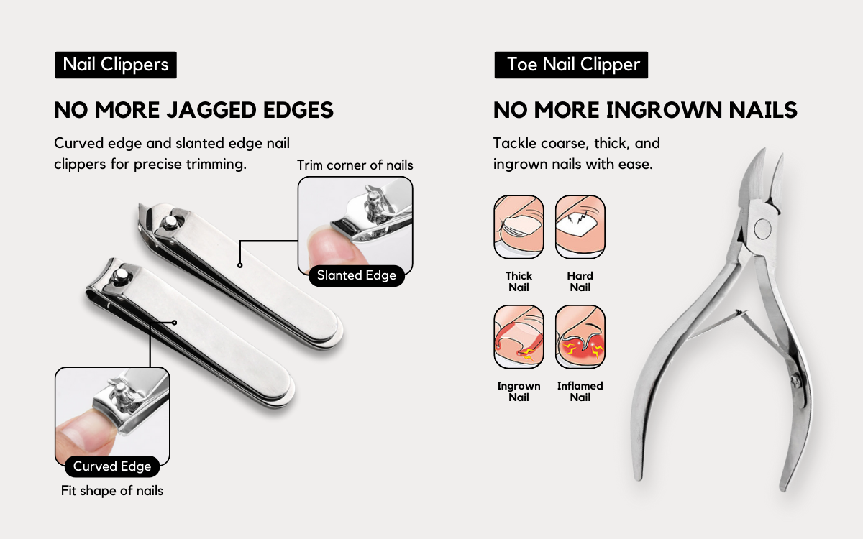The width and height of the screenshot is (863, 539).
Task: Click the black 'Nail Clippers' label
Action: pyautogui.click(x=116, y=65)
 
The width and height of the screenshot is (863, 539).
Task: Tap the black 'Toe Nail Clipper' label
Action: pyautogui.click(x=571, y=65)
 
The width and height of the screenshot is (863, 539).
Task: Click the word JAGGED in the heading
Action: pyautogui.click(x=211, y=110)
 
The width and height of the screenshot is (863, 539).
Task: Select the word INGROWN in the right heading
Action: pyautogui.click(x=665, y=110)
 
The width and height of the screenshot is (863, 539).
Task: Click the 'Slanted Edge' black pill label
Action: pyautogui.click(x=357, y=276)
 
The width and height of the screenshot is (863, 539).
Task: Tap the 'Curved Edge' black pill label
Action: pyautogui.click(x=112, y=466)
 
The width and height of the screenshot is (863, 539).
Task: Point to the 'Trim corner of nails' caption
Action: pyautogui.click(x=355, y=165)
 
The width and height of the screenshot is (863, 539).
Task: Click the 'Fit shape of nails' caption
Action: pyautogui.click(x=112, y=491)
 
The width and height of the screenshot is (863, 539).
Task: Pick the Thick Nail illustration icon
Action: pyautogui.click(x=519, y=227)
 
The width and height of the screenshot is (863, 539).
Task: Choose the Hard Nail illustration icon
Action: pyautogui.click(x=580, y=227)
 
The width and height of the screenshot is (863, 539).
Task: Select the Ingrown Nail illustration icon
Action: pyautogui.click(x=519, y=337)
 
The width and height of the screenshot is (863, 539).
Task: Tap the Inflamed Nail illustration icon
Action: pyautogui.click(x=580, y=337)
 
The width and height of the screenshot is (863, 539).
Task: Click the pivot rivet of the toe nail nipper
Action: pyautogui.click(x=762, y=229)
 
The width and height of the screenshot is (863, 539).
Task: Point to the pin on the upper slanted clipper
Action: pyautogui.click(x=169, y=221)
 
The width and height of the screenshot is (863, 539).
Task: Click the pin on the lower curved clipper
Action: pyautogui.click(x=121, y=275)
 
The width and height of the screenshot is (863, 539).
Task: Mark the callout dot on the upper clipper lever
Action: pyautogui.click(x=239, y=265)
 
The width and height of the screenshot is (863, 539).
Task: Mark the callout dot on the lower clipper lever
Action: pyautogui.click(x=175, y=323)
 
